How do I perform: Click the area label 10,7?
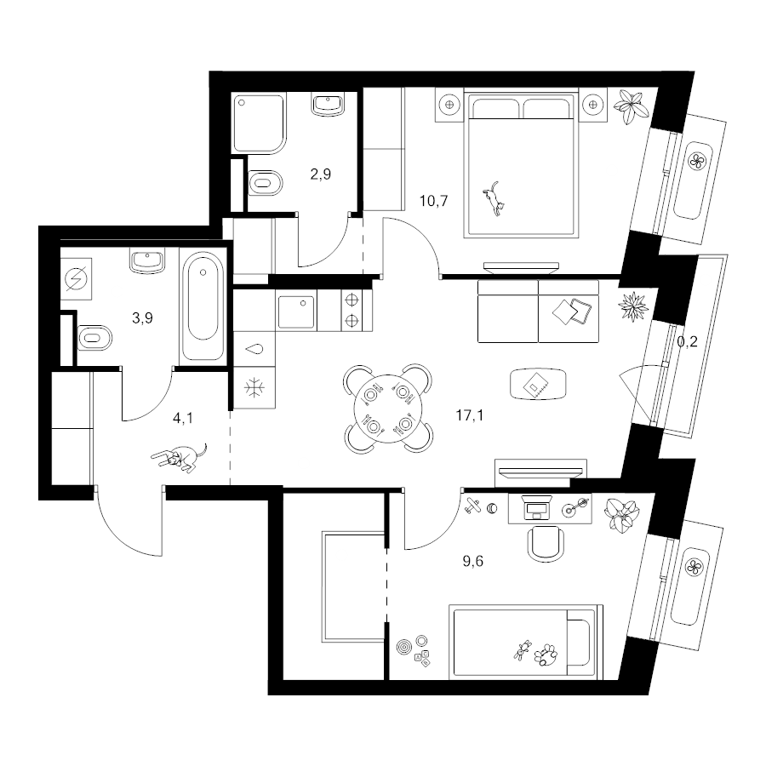[x=434, y=201]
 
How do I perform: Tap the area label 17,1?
[x=470, y=415]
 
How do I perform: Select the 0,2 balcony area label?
[x=687, y=342]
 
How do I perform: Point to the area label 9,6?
[x=472, y=562]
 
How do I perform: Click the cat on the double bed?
[x=494, y=197]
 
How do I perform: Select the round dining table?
[x=387, y=409]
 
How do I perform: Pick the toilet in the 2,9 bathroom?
[x=266, y=184]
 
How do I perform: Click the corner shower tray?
[x=259, y=124]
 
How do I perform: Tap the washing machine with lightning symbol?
[x=77, y=279]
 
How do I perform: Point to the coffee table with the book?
[x=538, y=384]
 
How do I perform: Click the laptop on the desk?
[x=536, y=508]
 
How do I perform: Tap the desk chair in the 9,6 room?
[x=546, y=543]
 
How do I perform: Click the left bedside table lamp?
[x=449, y=104]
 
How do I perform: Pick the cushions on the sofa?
[x=572, y=311]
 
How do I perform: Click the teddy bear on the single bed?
[x=546, y=654]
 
